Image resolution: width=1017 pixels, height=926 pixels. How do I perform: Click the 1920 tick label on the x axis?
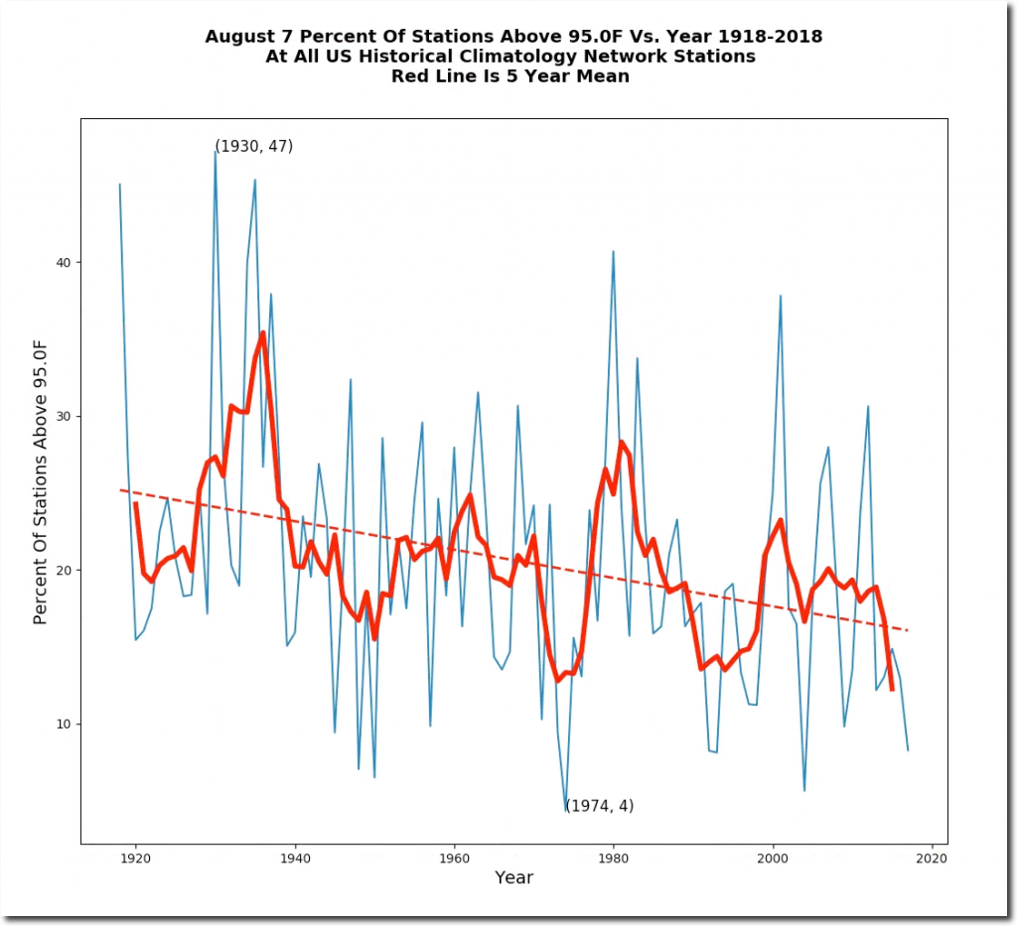click(x=135, y=857)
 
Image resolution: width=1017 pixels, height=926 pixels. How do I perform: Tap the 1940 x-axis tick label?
click(x=295, y=857)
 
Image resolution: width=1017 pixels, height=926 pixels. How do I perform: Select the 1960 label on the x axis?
click(x=454, y=857)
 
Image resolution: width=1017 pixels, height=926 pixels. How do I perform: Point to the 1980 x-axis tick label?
click(x=614, y=857)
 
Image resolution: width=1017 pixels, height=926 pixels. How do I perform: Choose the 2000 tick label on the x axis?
click(x=773, y=857)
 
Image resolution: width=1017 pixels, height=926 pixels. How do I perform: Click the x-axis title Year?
click(x=513, y=878)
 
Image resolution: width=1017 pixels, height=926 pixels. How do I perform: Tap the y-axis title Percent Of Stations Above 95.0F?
click(x=41, y=480)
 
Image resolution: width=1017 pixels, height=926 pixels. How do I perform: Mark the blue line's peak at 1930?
click(x=216, y=152)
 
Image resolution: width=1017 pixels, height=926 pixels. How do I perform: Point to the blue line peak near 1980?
click(x=613, y=251)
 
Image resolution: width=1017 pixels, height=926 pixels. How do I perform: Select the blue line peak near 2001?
click(x=781, y=296)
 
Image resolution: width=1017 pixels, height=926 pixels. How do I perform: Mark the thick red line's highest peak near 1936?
click(x=263, y=333)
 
